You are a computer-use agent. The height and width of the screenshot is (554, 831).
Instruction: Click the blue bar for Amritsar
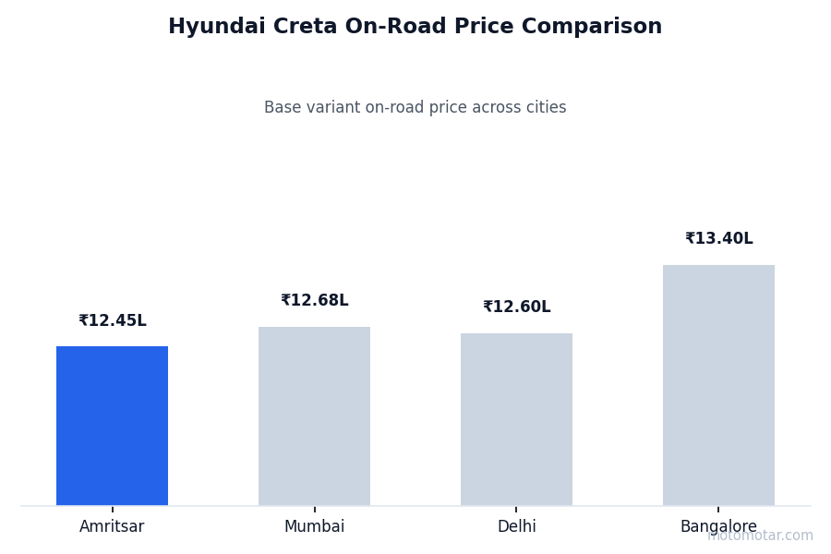tap(112, 426)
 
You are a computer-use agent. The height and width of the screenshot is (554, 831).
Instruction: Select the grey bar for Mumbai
tap(314, 415)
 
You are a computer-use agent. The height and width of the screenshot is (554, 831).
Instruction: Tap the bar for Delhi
tap(516, 419)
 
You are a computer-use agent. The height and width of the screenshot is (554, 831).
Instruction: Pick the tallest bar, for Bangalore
tap(718, 385)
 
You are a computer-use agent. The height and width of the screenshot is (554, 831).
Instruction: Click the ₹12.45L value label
tap(112, 321)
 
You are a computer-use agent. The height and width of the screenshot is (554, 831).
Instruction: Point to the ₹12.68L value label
tap(314, 301)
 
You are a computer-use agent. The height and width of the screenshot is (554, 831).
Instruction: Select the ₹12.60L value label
tap(516, 307)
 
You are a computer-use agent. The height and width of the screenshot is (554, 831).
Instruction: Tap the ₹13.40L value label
tap(718, 239)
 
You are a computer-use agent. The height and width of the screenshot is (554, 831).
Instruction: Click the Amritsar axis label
tap(112, 527)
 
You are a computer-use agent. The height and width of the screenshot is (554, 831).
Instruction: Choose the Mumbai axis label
tap(314, 527)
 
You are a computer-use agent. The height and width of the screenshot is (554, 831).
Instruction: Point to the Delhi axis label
tap(516, 527)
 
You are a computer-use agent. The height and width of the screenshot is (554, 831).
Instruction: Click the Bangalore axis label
tap(718, 527)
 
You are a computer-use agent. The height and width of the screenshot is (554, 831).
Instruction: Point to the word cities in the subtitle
tap(545, 108)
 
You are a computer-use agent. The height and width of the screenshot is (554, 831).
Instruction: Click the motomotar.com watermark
tap(760, 536)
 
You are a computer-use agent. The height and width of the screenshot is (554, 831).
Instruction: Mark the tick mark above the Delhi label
tap(516, 509)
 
